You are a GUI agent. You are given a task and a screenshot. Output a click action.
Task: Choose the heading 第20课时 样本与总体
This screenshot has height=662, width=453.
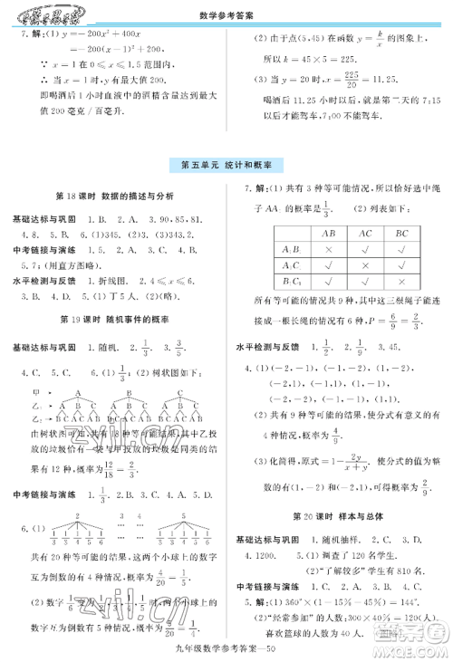pos(339,516)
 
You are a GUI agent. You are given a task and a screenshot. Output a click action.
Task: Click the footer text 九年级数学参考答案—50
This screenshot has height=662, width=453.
pos(226,645)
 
